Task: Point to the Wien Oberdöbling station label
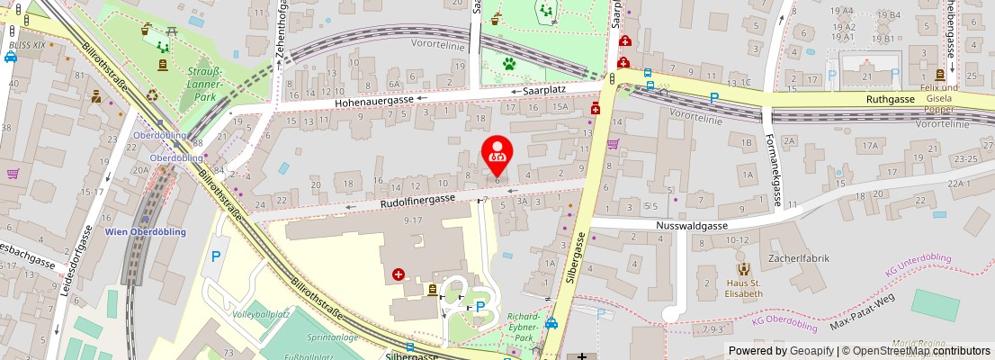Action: coord(146,231)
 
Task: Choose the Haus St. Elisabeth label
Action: coord(744,288)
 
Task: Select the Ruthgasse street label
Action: coord(890,99)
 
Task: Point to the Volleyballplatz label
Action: coord(261,315)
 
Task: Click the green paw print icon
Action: coord(509,64)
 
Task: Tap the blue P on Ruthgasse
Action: coord(714,97)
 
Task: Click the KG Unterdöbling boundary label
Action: coord(918,264)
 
